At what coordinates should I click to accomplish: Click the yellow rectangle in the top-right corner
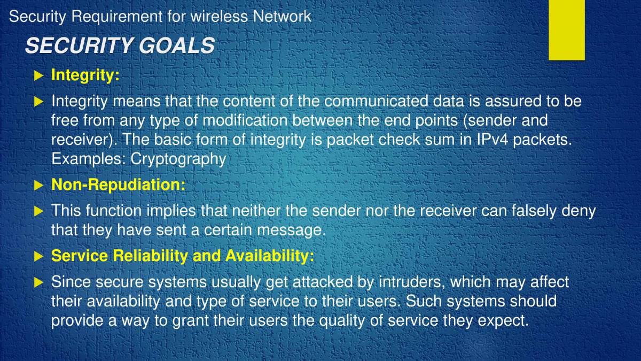567,29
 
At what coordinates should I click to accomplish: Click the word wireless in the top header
219,17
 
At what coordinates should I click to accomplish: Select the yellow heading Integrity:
85,75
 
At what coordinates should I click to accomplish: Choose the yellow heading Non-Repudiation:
118,185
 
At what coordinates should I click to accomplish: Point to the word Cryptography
178,159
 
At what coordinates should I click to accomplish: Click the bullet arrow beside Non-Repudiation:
38,186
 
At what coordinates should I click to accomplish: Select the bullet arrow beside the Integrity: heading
38,76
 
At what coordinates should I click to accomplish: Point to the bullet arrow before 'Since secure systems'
38,282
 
